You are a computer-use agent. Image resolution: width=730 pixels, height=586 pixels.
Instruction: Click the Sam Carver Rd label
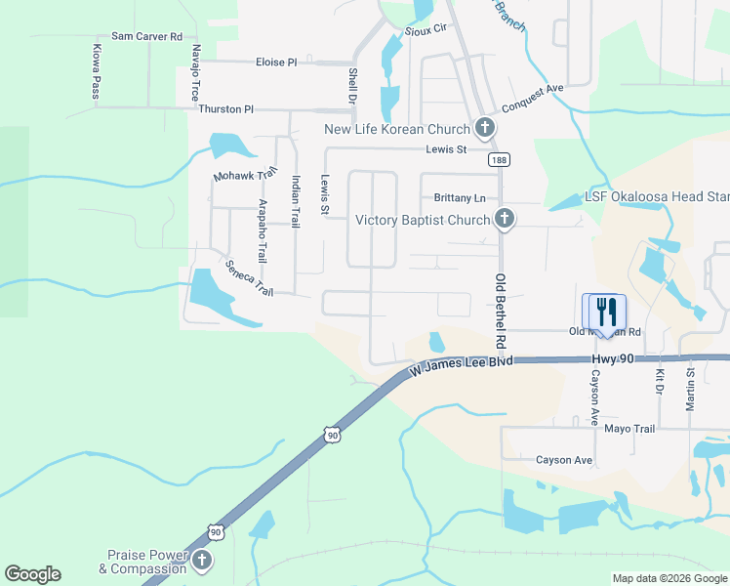click(x=146, y=36)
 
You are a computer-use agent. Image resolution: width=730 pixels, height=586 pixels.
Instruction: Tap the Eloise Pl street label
click(x=276, y=62)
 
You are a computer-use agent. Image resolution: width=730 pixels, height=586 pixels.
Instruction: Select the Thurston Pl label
click(x=225, y=109)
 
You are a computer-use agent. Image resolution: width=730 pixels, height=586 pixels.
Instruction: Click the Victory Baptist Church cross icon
click(x=504, y=219)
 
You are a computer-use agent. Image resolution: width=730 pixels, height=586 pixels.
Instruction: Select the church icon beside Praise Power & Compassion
click(x=202, y=561)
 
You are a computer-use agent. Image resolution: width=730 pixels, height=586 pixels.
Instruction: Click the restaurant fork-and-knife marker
click(x=605, y=313)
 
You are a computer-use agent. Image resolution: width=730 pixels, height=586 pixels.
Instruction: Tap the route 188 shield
click(x=499, y=160)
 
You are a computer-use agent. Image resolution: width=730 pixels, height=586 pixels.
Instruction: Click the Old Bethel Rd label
click(x=501, y=311)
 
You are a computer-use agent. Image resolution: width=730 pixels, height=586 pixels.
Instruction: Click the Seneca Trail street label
click(x=249, y=278)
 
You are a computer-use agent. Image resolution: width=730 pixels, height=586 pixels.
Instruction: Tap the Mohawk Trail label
click(x=239, y=177)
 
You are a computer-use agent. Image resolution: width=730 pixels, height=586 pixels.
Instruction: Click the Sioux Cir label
click(x=426, y=29)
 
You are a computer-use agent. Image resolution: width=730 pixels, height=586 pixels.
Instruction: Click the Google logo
click(x=32, y=574)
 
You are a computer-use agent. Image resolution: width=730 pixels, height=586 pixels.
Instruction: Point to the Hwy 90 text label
click(x=613, y=359)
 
